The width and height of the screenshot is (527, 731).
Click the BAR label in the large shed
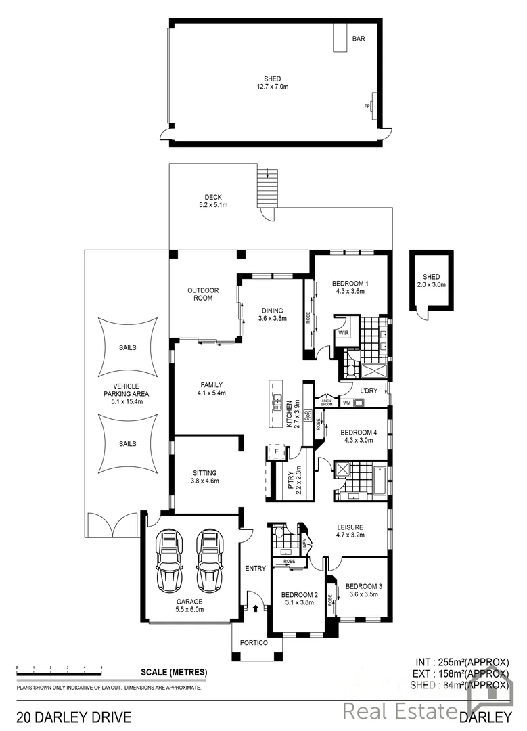click(x=359, y=39)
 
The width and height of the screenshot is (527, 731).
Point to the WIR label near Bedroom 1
click(x=344, y=334)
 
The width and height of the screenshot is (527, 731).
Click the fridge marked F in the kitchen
click(x=276, y=450)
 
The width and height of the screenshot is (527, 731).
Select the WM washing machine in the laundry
click(x=347, y=403)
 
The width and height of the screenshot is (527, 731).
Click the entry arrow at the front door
click(x=255, y=608)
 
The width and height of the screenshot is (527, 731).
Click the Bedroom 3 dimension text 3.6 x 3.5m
click(x=363, y=594)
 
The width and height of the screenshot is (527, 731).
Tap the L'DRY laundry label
click(x=369, y=391)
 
